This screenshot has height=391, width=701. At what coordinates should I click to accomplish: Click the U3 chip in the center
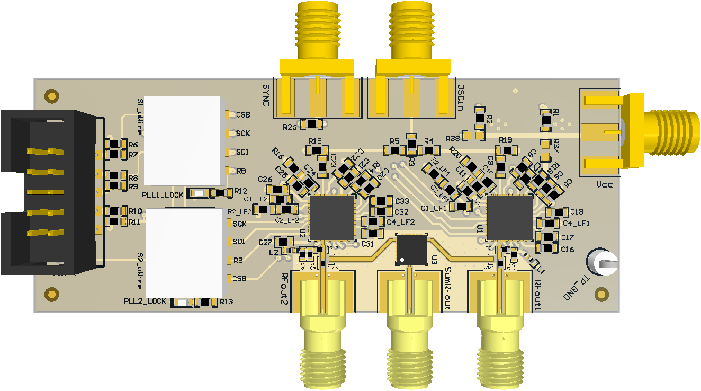412,248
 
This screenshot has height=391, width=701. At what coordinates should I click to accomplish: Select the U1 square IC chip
510,217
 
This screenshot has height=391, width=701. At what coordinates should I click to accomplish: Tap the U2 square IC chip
332,217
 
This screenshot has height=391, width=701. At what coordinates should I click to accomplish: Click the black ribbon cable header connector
50,192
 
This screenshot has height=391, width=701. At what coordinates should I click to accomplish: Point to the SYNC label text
266,95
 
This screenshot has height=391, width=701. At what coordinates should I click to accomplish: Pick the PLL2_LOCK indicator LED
182,303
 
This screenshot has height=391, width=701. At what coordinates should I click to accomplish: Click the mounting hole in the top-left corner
51,95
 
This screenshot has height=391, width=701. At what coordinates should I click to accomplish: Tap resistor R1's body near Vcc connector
546,121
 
